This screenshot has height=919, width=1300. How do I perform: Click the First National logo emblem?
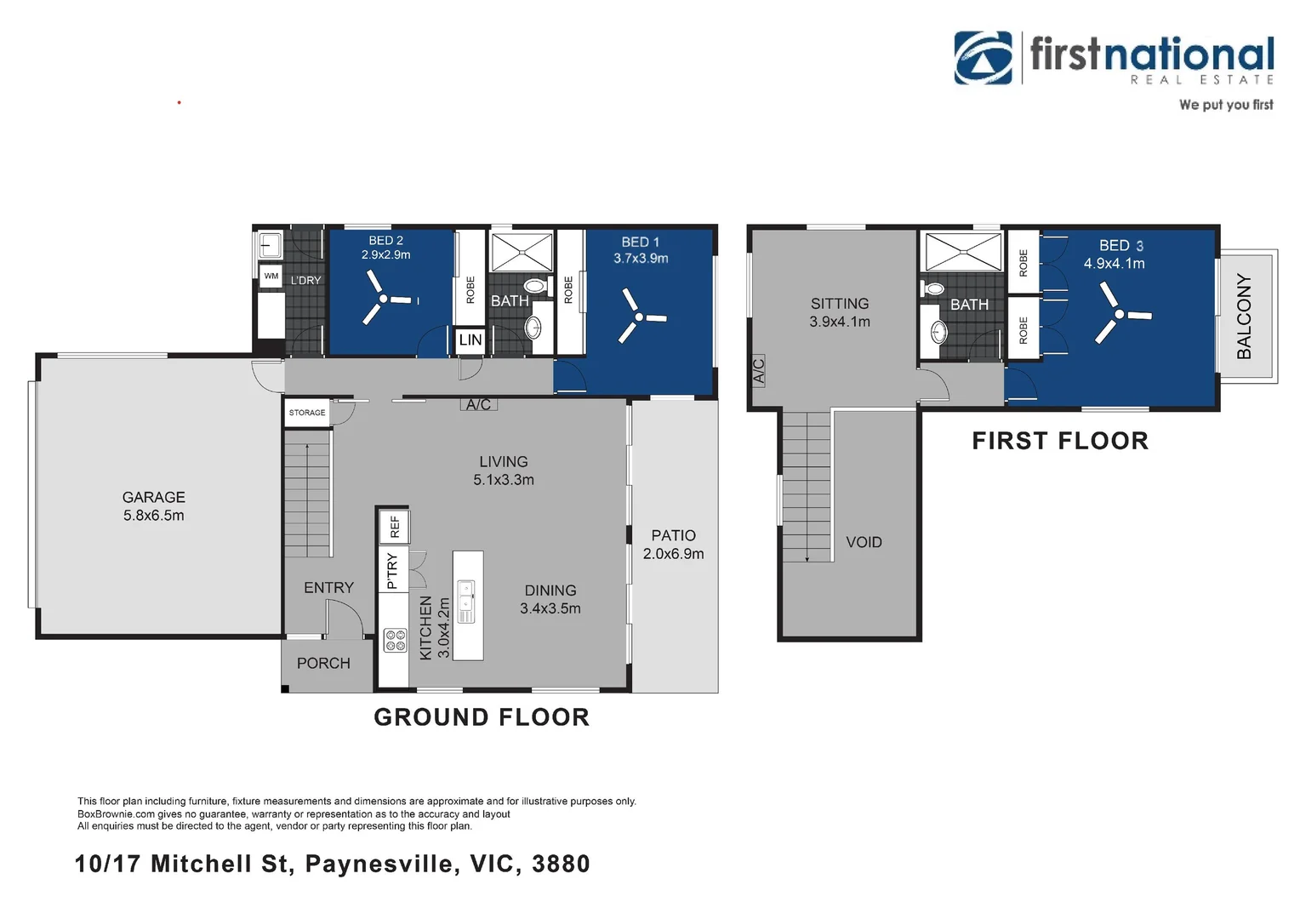point(984,58)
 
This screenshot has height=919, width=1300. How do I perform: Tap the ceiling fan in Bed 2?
point(383,300)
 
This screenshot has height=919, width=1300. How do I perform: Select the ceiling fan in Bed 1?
point(640,317)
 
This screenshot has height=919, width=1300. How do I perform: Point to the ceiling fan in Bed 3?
point(1120,314)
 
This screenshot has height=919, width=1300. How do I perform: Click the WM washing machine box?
point(271,276)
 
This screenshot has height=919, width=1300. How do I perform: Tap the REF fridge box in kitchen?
point(395,527)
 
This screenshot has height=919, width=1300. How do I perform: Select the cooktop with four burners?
point(396,641)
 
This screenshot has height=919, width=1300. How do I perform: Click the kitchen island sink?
point(466,602)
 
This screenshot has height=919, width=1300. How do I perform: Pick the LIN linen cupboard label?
point(470,340)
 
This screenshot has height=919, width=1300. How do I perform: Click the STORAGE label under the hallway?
point(307,412)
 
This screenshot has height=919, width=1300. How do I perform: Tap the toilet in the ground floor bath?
point(538,286)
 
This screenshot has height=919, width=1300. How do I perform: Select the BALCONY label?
point(1245,317)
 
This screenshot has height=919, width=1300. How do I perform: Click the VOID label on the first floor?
point(864,542)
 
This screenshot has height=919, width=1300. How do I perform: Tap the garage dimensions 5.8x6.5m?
point(153,516)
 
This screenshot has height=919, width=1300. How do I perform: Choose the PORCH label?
point(323,663)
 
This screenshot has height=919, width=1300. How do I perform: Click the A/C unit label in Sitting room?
point(759,371)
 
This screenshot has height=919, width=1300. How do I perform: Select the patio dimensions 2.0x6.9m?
point(673,554)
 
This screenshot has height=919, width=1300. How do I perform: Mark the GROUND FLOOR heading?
point(482,717)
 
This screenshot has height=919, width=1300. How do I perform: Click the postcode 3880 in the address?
point(562,864)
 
